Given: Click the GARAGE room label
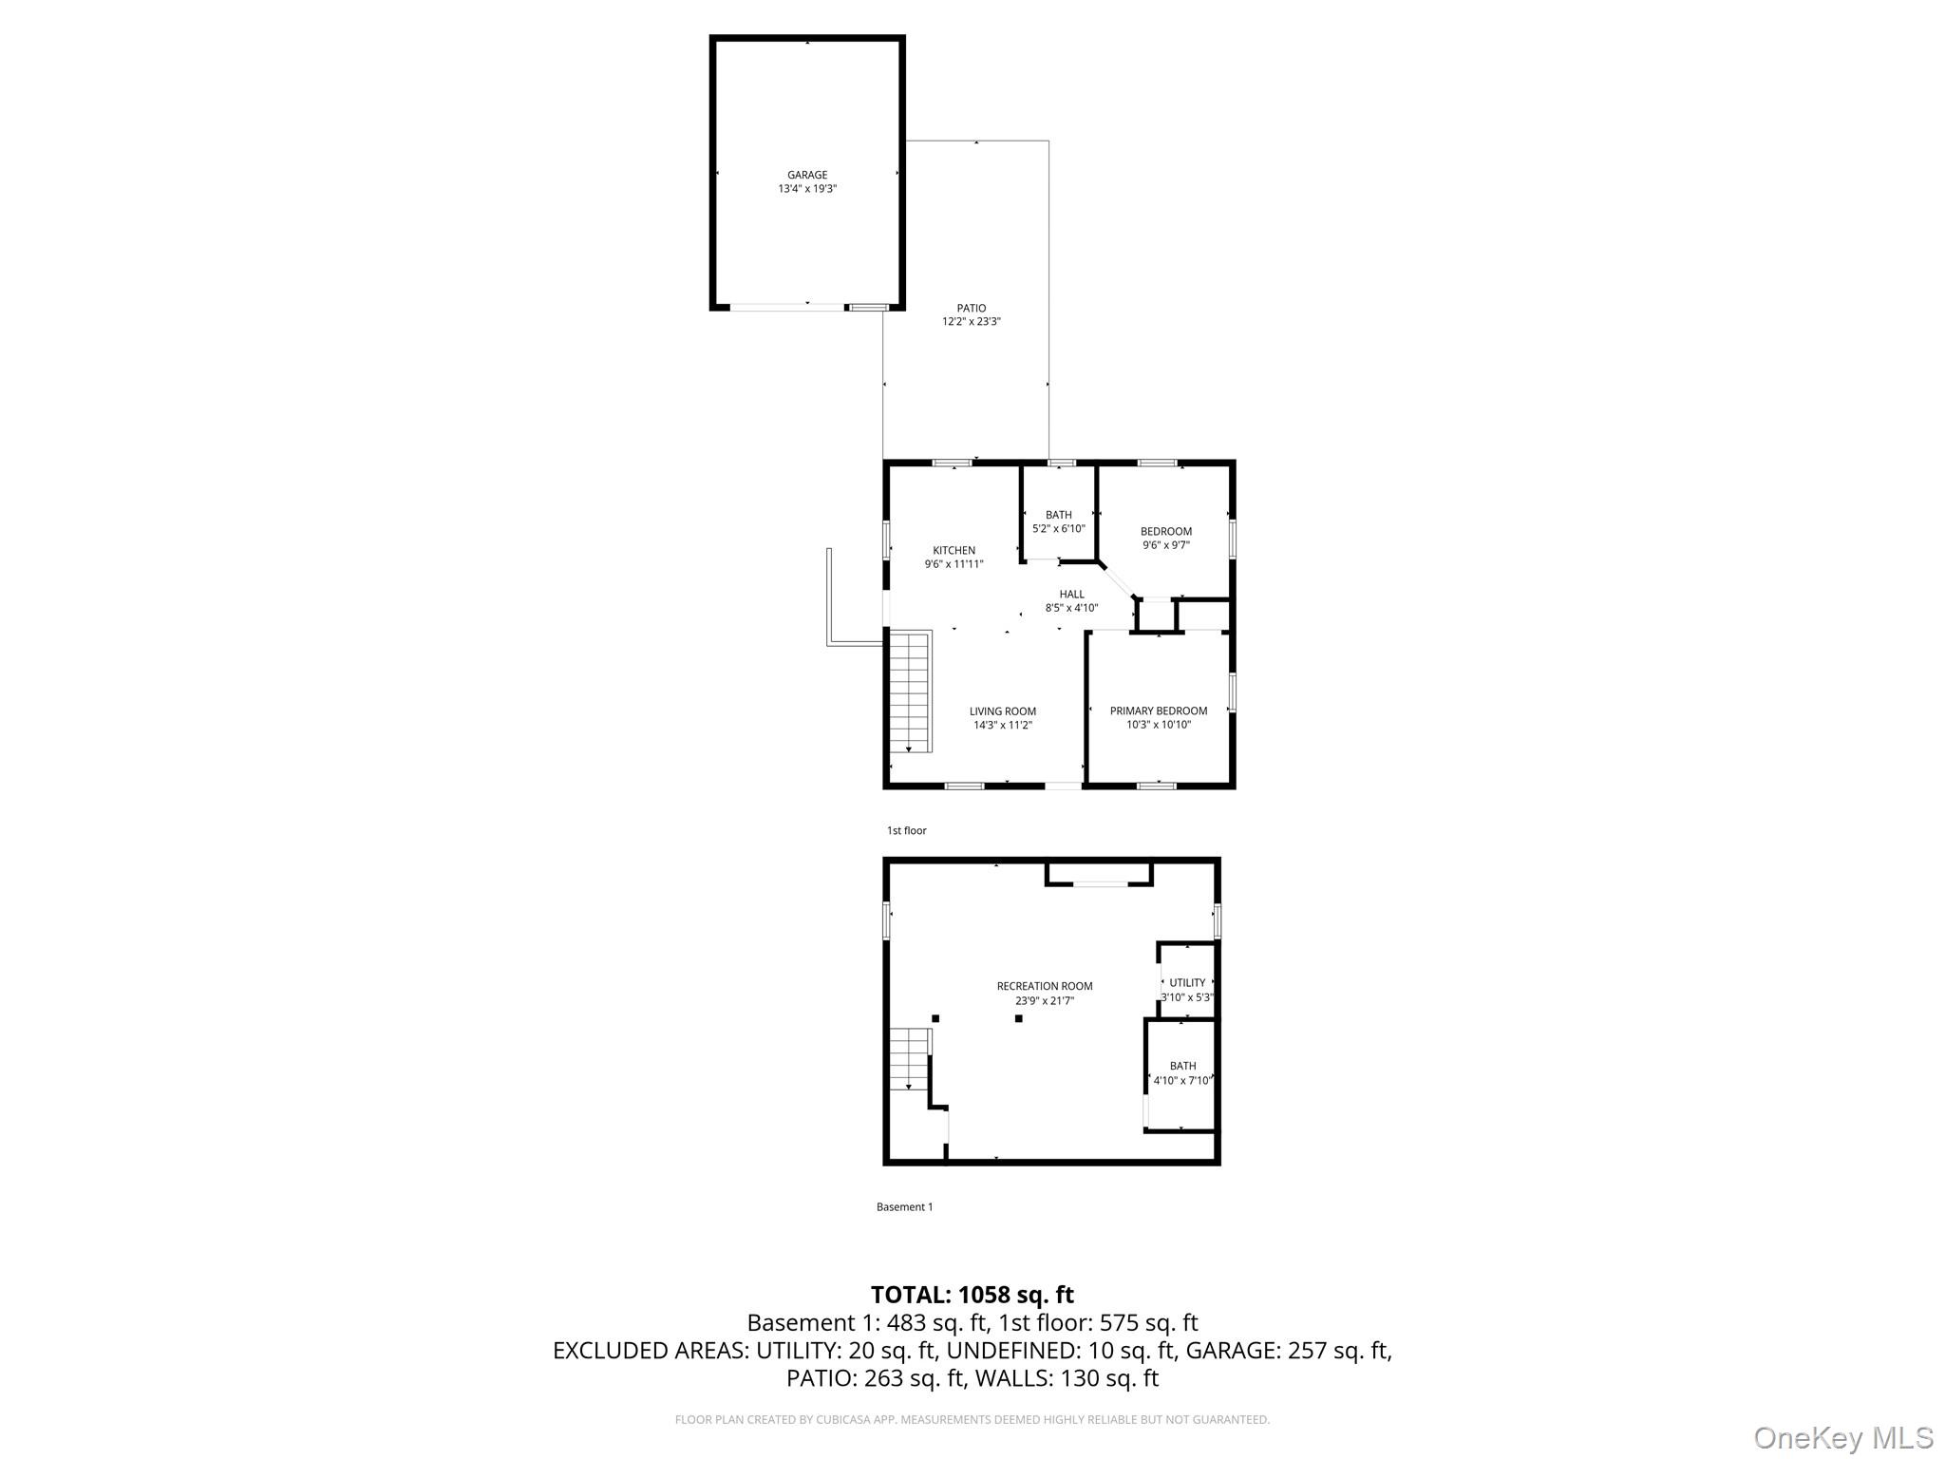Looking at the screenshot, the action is (x=807, y=175).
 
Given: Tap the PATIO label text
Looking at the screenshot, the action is (x=971, y=308).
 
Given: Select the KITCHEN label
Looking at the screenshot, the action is (x=954, y=550).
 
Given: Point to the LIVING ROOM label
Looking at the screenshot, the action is (x=1002, y=711).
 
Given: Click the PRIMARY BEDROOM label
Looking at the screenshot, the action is (x=1159, y=711).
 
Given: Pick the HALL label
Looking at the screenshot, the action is (x=1071, y=595).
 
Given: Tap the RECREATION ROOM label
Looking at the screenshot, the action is (x=1045, y=986).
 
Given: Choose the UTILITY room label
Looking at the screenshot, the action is (x=1187, y=983).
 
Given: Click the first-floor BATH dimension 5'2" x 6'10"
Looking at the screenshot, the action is (x=1058, y=529).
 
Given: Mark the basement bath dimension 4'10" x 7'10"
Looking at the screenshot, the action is (x=1182, y=1080).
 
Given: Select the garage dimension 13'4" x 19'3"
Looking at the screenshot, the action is (x=807, y=189).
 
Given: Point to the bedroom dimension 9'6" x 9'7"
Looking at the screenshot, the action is (x=1165, y=545).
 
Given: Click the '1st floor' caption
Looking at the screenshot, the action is (x=906, y=831).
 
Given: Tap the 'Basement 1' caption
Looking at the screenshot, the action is (x=904, y=1207).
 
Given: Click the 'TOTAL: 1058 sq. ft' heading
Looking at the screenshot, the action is (x=972, y=1295).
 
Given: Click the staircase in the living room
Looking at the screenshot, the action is (x=910, y=692).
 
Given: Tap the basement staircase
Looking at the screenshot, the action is (x=909, y=1059).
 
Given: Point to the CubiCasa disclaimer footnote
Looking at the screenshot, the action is (x=972, y=1420).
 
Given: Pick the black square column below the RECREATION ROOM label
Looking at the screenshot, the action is (x=1018, y=1018).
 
